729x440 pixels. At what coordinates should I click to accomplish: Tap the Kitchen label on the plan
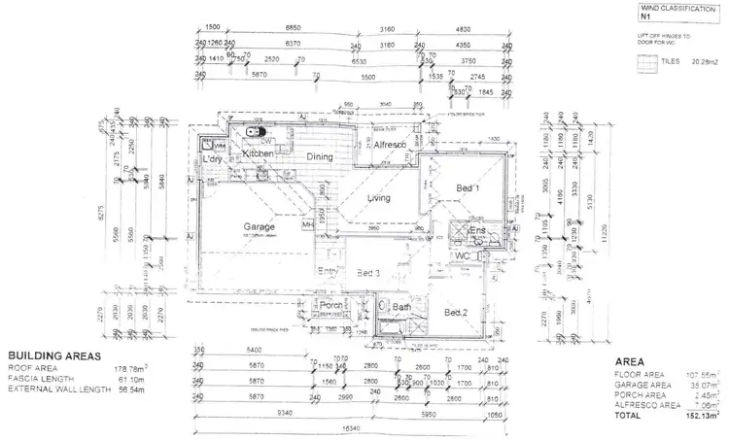click(259, 154)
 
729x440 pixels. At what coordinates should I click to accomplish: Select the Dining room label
click(320, 156)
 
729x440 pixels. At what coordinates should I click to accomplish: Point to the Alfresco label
click(389, 145)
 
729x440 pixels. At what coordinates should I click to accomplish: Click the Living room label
click(377, 198)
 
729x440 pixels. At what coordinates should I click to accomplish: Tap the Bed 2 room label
click(457, 312)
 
